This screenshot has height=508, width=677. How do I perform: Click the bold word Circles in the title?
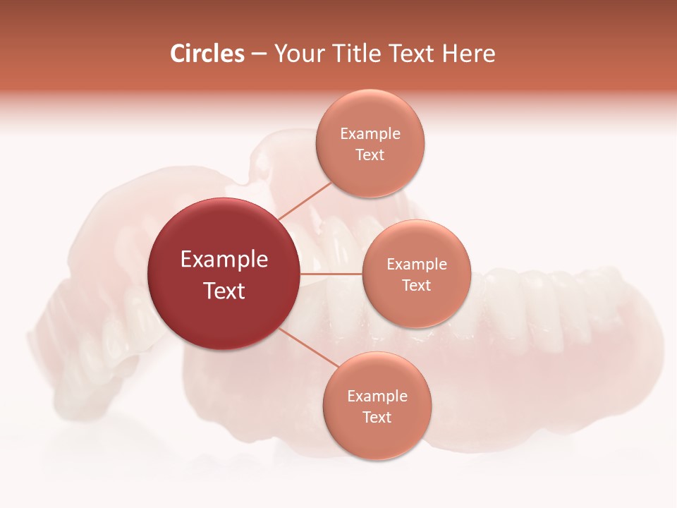pyautogui.click(x=207, y=54)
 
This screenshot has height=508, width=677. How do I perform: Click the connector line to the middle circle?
pyautogui.click(x=331, y=274)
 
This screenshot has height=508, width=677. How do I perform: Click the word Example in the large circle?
pyautogui.click(x=224, y=260)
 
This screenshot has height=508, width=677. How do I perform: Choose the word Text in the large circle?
pyautogui.click(x=224, y=291)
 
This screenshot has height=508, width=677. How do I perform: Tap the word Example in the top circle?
pyautogui.click(x=370, y=134)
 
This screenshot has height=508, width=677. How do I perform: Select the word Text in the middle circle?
pyautogui.click(x=416, y=286)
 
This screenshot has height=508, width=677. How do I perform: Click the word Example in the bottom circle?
pyautogui.click(x=377, y=397)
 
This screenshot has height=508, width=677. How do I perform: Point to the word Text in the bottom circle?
pyautogui.click(x=377, y=418)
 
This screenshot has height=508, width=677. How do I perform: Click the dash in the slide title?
pyautogui.click(x=259, y=54)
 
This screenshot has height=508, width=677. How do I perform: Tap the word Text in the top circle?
pyautogui.click(x=370, y=155)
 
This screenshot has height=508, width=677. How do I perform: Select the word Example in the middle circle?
pyautogui.click(x=417, y=265)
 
